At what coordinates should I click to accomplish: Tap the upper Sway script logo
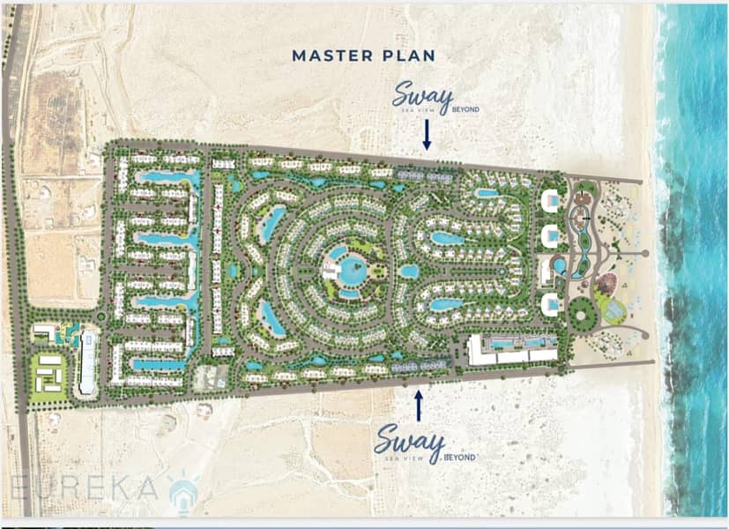tap(422, 96)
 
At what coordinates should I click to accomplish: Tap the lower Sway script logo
tap(410, 442)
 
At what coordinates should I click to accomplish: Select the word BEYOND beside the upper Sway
tap(465, 109)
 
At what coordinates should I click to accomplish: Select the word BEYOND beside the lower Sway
tap(460, 458)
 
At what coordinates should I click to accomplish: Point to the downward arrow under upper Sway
tap(427, 135)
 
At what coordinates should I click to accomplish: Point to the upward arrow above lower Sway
tap(419, 406)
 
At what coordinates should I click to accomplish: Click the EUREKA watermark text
tap(84, 488)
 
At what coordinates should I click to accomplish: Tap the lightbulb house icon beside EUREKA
tap(184, 493)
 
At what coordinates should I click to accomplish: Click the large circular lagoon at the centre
tap(352, 271)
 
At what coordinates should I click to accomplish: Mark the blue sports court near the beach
tap(614, 308)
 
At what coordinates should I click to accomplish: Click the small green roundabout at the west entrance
tap(100, 317)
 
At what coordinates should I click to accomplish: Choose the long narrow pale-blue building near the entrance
tap(88, 361)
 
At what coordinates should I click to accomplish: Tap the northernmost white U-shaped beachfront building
tap(550, 201)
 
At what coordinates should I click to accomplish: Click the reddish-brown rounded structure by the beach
tap(606, 284)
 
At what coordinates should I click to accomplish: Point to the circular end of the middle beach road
tap(645, 253)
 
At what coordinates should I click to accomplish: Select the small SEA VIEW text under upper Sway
tap(420, 110)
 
